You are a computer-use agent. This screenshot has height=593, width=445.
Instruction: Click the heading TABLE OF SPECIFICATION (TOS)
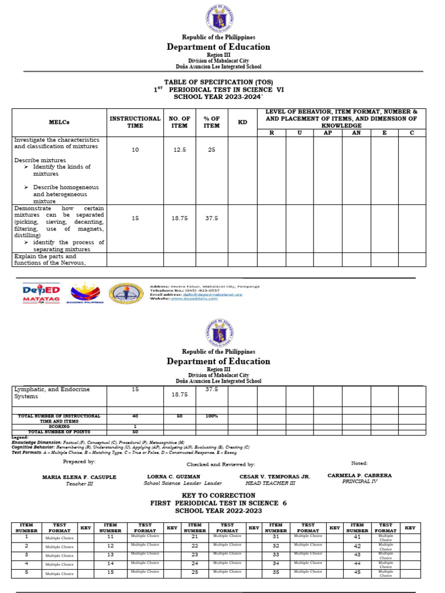click(x=218, y=82)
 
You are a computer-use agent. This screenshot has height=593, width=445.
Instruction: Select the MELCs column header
click(x=59, y=122)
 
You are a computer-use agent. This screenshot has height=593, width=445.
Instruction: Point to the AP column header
click(x=327, y=133)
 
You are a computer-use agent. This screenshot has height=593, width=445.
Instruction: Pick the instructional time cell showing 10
click(x=135, y=150)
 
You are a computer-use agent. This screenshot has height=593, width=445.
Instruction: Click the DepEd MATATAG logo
click(x=41, y=294)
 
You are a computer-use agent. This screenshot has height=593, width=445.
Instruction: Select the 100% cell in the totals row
click(x=211, y=416)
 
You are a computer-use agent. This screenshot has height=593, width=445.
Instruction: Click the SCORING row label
click(x=59, y=426)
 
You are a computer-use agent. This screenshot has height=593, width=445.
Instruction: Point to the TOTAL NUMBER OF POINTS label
click(x=59, y=431)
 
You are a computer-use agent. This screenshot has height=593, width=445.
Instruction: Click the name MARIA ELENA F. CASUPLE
click(x=79, y=477)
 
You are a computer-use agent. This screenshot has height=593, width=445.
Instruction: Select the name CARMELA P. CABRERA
click(x=359, y=475)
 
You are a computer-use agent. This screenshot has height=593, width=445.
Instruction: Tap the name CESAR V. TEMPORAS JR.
click(x=275, y=477)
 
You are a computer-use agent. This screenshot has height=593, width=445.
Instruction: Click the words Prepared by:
click(x=79, y=462)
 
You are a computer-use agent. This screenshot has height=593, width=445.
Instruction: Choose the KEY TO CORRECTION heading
click(x=218, y=496)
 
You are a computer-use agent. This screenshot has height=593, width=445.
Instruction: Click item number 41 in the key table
click(x=357, y=537)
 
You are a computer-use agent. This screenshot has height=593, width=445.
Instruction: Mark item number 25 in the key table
click(x=195, y=573)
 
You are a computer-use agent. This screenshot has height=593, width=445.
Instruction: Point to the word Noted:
click(x=359, y=463)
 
